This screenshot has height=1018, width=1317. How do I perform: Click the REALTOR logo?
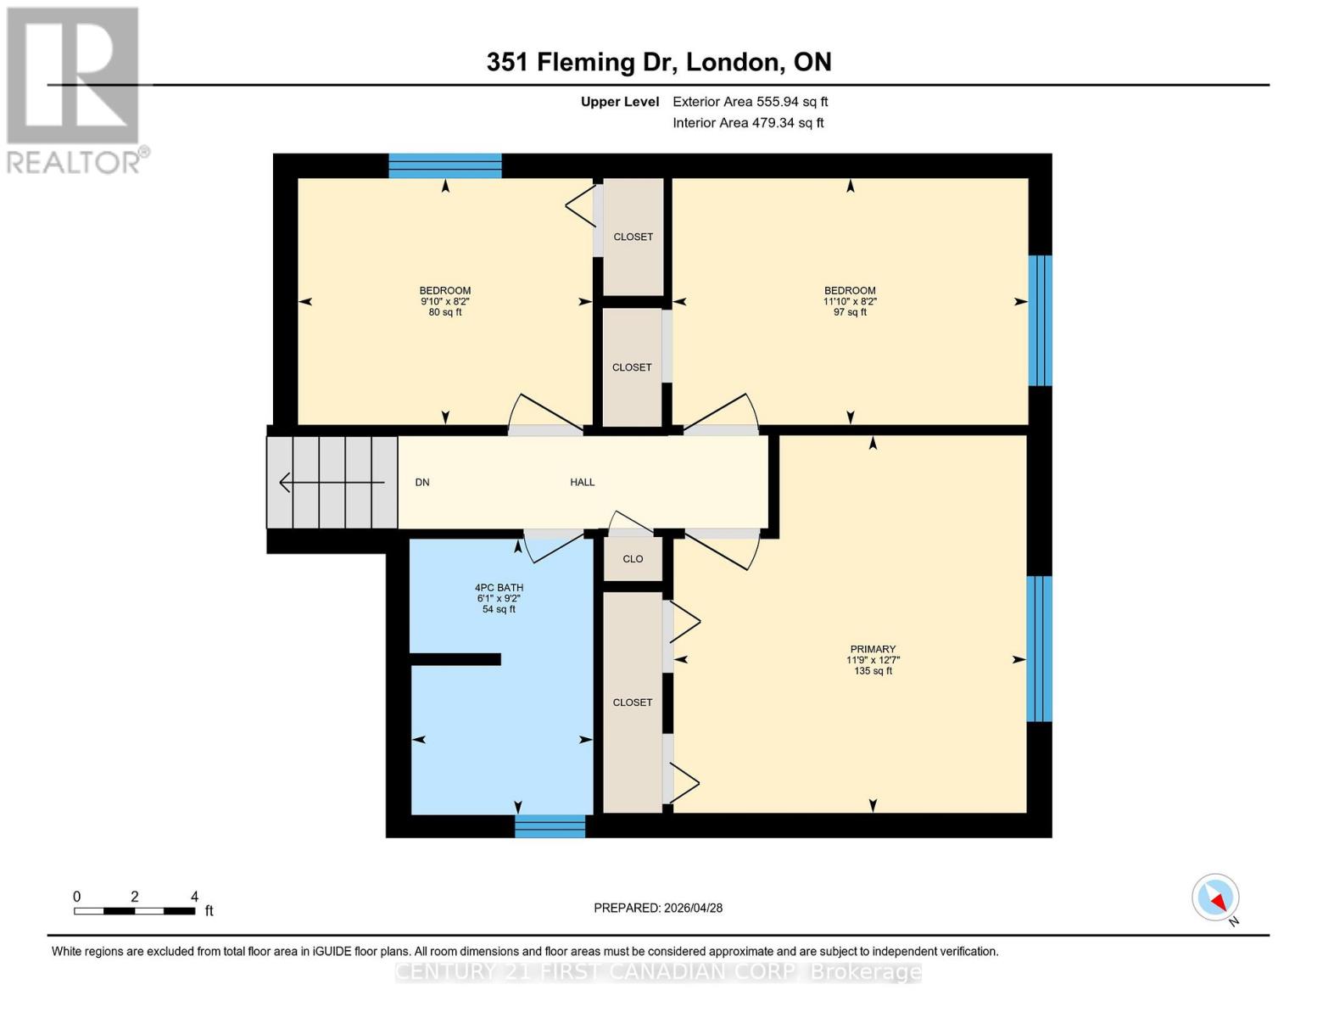(x=75, y=90)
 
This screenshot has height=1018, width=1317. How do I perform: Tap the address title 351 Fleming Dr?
(x=658, y=62)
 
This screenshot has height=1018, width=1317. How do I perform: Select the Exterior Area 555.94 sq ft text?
(x=750, y=102)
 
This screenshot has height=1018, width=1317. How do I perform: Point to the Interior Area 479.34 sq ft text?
(x=748, y=123)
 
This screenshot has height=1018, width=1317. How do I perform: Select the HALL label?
(x=582, y=482)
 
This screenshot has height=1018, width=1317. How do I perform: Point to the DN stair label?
(x=422, y=482)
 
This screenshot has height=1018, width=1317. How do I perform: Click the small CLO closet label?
(x=633, y=559)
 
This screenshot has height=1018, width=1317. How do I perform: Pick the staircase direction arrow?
(x=332, y=482)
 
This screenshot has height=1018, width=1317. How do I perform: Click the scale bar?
(x=134, y=911)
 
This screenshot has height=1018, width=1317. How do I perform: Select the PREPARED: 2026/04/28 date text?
(x=658, y=908)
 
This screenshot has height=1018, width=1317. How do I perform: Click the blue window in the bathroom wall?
(x=550, y=826)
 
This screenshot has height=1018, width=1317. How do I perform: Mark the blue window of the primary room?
(x=1039, y=649)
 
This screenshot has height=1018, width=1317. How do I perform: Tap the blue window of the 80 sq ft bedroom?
(x=444, y=165)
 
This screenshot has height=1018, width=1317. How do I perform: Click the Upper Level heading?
(x=619, y=102)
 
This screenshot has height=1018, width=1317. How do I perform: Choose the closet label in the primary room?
(x=633, y=702)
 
